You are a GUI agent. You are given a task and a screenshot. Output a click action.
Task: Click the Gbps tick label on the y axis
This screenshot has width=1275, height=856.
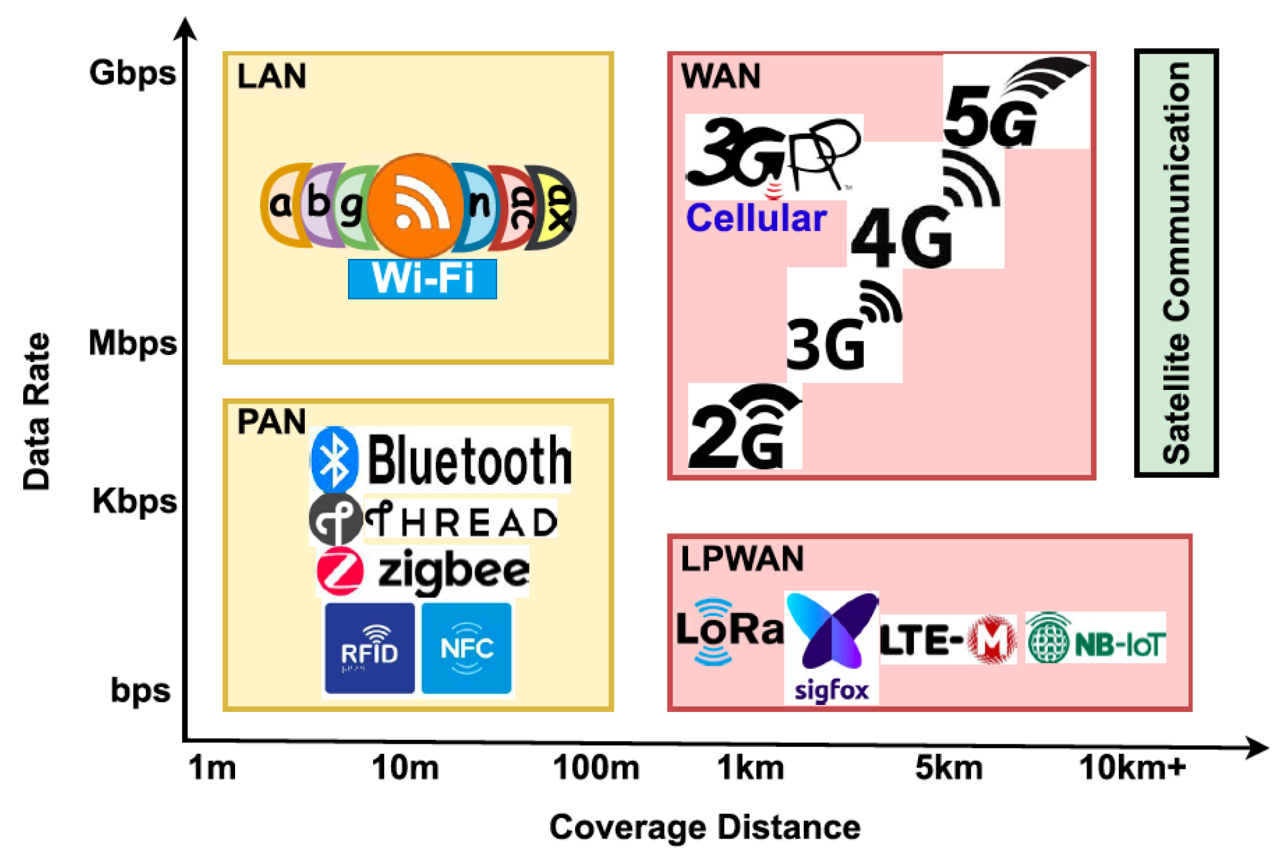point(132,73)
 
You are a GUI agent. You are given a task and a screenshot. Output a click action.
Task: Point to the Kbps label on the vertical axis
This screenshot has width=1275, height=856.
point(134,501)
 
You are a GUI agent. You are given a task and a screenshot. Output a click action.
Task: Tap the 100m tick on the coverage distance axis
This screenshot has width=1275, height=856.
point(597,768)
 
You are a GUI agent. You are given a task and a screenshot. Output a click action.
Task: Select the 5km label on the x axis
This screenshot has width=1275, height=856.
point(948,768)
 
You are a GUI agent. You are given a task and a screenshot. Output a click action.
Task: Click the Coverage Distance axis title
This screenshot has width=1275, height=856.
point(704,827)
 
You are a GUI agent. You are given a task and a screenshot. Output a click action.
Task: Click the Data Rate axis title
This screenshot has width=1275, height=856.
point(36,412)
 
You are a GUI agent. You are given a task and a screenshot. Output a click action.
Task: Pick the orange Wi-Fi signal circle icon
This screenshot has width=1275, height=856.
point(417,205)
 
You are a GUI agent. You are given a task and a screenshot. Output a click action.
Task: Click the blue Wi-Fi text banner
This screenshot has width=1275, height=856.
point(422,279)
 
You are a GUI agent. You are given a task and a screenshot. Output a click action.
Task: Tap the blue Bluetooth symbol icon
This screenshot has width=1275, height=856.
point(334,459)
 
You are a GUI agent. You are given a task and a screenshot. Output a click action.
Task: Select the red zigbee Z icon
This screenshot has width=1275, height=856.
point(340,571)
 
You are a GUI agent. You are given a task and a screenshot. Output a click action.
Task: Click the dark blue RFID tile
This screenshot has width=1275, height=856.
point(369,648)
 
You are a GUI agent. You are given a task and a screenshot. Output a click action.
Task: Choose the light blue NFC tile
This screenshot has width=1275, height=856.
point(466,648)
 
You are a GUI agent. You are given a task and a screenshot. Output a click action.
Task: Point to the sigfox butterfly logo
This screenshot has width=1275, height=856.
point(831,633)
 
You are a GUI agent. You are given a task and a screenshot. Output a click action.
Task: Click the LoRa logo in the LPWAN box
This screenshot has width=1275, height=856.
point(729,631)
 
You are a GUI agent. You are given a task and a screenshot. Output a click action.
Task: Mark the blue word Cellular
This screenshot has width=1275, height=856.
point(756,218)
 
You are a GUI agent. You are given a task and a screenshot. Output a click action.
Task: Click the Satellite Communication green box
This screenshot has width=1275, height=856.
point(1176,263)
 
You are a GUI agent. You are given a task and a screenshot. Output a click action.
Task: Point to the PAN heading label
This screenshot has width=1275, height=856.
point(271,422)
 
